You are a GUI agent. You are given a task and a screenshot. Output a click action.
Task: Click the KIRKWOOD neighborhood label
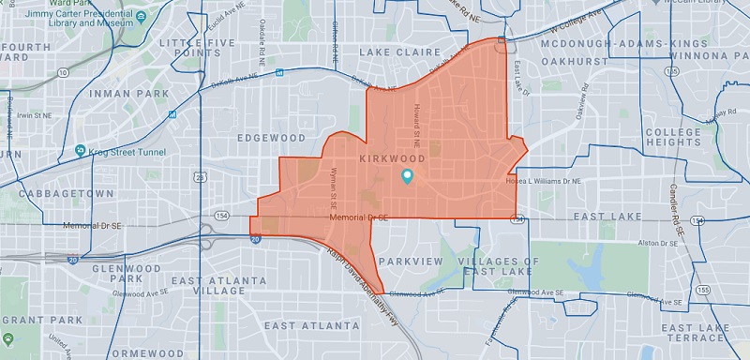[x=392, y=158]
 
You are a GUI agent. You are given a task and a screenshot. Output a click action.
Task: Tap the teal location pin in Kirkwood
[x=408, y=176]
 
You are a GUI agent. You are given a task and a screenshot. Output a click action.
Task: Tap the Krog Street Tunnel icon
[x=82, y=151]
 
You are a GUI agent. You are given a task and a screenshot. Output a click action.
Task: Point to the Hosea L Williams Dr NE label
[x=544, y=180]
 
